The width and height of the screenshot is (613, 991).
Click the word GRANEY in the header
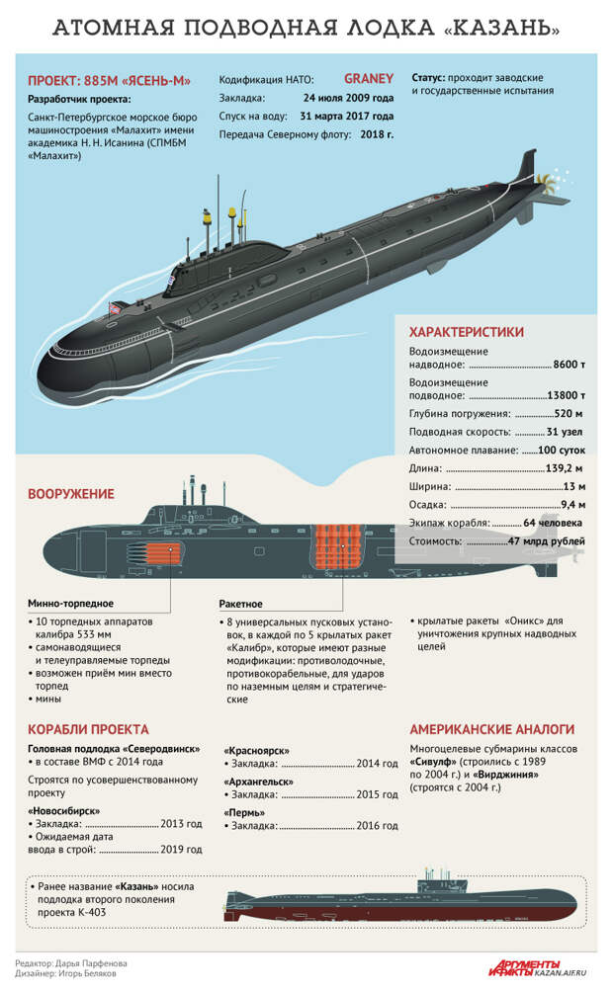[x=369, y=79]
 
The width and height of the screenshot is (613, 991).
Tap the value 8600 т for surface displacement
[x=569, y=365]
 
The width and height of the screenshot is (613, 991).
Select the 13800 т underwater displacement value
[x=566, y=395]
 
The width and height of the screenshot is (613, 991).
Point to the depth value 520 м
[x=569, y=414]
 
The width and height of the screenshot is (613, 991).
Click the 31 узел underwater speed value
[x=565, y=433]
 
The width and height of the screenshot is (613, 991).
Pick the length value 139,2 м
[x=564, y=469]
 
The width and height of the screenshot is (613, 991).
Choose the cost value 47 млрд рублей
[x=547, y=541]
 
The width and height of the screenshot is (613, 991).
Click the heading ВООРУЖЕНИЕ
[x=71, y=494]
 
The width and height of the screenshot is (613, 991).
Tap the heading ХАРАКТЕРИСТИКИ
[x=467, y=332]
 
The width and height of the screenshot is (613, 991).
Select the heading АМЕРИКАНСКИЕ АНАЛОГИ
[x=492, y=729]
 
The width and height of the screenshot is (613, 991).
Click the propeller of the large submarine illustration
[x=547, y=184]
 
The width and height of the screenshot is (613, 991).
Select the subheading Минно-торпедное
[x=71, y=604]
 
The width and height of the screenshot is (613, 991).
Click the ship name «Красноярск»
[x=257, y=751]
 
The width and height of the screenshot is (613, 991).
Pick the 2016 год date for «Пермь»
[x=377, y=826]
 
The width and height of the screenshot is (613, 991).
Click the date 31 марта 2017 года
[x=347, y=117]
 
